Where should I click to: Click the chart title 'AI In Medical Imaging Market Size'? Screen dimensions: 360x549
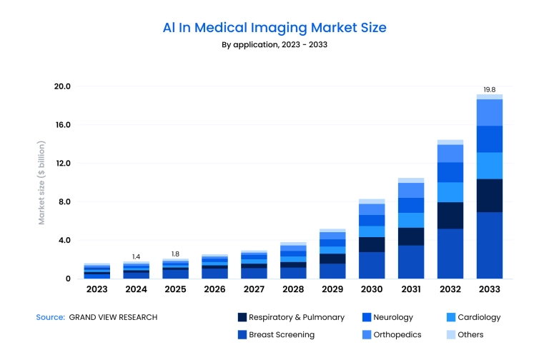coord(274,28)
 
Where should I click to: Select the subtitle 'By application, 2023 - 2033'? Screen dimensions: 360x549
coord(274,44)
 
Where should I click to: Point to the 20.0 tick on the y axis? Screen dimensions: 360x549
coord(62,86)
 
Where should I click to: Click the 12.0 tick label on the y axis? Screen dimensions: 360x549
coord(62,164)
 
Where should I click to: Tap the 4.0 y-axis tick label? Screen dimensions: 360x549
coord(64,241)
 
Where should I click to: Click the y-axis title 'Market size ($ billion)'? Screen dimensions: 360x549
coord(41,183)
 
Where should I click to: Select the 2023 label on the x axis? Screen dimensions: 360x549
coord(97,290)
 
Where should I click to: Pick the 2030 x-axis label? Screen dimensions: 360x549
coord(372,290)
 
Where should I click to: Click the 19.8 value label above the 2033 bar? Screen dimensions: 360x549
coord(489,89)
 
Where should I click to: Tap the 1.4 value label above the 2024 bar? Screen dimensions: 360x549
coord(136,256)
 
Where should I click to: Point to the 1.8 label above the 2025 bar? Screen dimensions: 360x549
coord(175,254)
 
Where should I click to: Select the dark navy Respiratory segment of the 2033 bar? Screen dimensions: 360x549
coord(490,196)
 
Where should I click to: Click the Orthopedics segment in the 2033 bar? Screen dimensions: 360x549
coord(490,113)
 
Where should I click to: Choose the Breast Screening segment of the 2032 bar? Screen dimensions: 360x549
coord(450,254)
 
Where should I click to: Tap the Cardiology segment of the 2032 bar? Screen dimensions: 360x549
coord(450,192)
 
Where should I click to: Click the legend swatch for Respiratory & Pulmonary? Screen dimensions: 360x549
coord(242,317)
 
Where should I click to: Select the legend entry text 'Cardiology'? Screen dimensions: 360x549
coord(479,317)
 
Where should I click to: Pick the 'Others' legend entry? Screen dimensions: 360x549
coord(470,334)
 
